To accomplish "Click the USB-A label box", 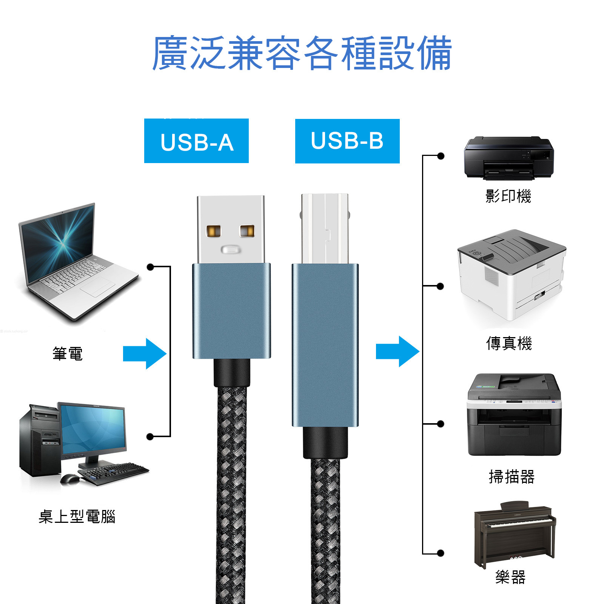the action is point(196,141).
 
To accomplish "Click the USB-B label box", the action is point(347,141).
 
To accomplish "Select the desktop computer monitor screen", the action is point(93,430).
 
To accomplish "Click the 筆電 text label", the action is point(68,354).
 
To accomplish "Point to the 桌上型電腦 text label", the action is point(77,516).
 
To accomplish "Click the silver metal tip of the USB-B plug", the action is point(325,228).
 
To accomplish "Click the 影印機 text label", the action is point(508,196).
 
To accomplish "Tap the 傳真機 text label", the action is point(509,344).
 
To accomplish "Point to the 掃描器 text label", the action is point(512,477).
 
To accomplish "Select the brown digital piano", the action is point(515,535).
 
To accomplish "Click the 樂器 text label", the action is point(510,577).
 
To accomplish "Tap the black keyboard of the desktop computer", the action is point(113,472).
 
